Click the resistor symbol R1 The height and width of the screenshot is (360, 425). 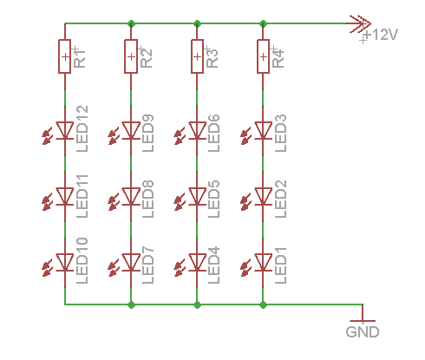[x=65, y=56]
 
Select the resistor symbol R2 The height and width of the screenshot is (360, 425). [x=131, y=56]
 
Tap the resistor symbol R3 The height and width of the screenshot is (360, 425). [x=197, y=56]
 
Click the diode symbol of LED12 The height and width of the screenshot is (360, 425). [x=65, y=130]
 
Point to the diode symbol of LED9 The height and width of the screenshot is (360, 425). [x=131, y=130]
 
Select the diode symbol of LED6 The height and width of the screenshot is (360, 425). [x=197, y=130]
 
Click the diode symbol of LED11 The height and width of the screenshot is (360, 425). [x=65, y=196]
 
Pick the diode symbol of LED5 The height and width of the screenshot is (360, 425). [x=197, y=196]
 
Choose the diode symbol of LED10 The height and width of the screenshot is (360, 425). [x=65, y=261]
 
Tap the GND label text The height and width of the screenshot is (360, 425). [x=363, y=331]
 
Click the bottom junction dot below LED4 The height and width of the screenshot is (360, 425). [x=197, y=304]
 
